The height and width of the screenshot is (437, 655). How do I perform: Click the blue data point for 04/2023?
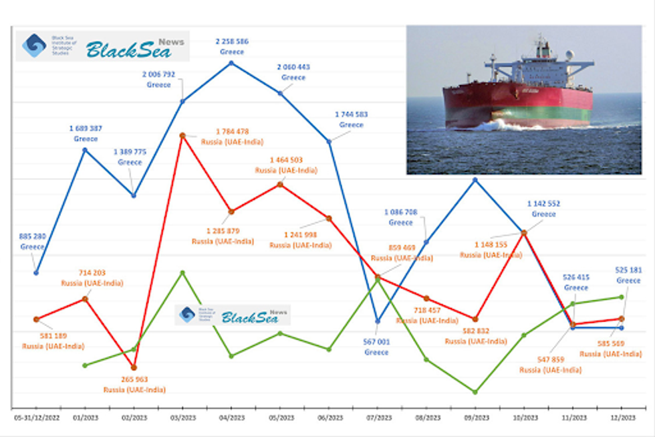[231, 63]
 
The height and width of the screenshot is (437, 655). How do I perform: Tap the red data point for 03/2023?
[182, 135]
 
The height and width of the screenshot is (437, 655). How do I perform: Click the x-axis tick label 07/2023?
[378, 418]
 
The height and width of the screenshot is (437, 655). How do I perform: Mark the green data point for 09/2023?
[475, 392]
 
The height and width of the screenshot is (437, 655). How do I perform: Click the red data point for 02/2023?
[134, 367]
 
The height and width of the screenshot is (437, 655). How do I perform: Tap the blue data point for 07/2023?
[378, 321]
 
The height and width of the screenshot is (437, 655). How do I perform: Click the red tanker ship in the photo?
[518, 100]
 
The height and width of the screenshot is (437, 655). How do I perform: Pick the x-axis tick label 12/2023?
[622, 418]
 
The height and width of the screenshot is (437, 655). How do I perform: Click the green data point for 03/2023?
[182, 272]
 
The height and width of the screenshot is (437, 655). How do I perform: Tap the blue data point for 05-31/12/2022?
[36, 272]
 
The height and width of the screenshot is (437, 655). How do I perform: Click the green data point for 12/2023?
[622, 296]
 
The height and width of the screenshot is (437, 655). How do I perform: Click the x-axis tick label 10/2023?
[524, 418]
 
